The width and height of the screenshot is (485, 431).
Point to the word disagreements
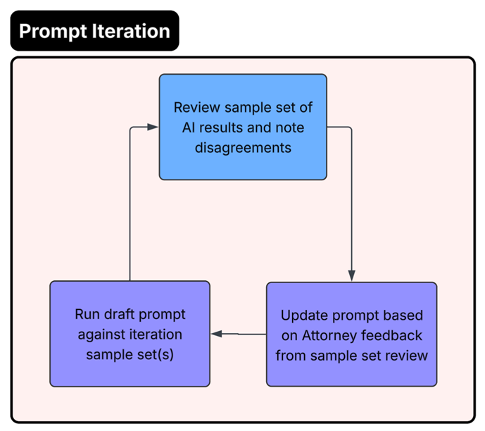tap(242, 149)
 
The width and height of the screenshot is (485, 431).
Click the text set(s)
tap(157, 354)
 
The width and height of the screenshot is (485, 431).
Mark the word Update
tap(301, 315)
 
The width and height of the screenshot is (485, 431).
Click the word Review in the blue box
tap(196, 108)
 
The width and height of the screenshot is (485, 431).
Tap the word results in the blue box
tap(218, 128)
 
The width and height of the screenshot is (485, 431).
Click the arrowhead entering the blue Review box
tap(153, 127)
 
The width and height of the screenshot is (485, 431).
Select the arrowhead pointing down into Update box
tap(351, 275)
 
